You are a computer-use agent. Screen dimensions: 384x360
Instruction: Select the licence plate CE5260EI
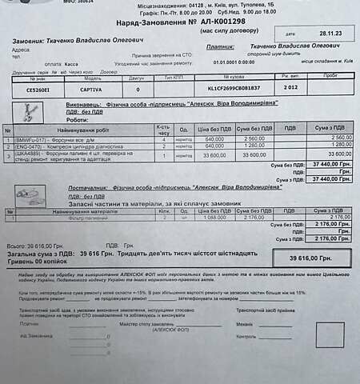click(x=37, y=90)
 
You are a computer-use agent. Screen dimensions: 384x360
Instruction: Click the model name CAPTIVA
click(x=93, y=90)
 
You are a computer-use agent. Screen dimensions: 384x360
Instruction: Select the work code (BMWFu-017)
click(x=30, y=138)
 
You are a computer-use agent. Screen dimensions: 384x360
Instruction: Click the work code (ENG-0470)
click(x=30, y=145)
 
